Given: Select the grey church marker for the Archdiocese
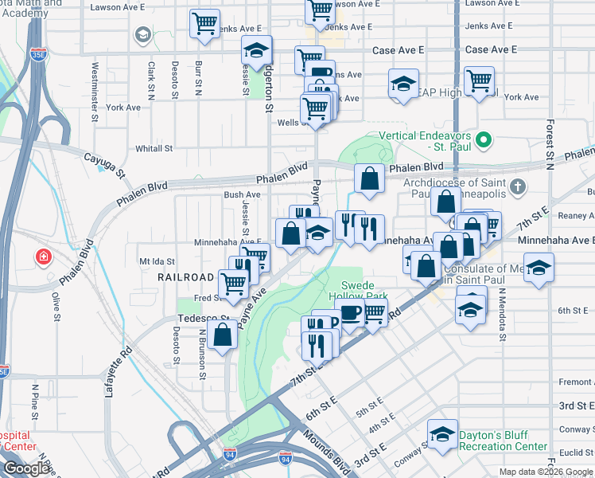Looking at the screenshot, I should [517, 187].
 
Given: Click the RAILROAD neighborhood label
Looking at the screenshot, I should [185, 277].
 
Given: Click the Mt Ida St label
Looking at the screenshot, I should [156, 261].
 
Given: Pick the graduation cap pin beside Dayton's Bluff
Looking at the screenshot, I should [443, 434].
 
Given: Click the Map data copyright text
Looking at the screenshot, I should [545, 472].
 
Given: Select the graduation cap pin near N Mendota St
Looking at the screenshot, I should [539, 268].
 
